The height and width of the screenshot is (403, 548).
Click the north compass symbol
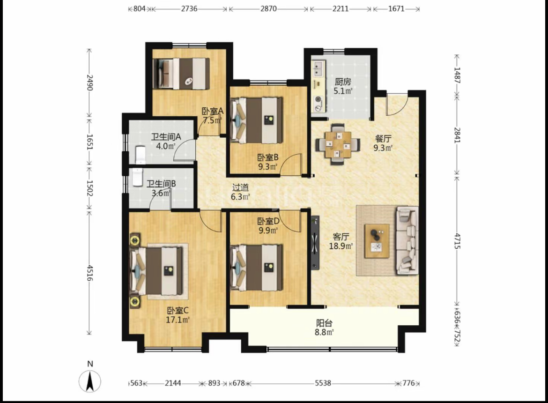click(90, 381)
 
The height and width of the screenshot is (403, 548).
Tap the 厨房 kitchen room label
click(342, 82)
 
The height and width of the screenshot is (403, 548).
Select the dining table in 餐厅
click(338, 144)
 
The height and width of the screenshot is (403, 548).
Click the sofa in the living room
click(407, 240)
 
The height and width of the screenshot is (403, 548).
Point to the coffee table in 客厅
click(377, 241)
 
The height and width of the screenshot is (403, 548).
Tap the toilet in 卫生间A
click(140, 154)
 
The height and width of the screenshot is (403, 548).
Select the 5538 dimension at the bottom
click(323, 383)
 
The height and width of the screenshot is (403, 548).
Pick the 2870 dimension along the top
click(268, 9)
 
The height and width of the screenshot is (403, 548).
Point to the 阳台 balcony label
click(324, 323)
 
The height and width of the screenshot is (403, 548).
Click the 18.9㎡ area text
click(341, 246)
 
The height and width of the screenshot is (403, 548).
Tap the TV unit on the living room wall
click(315, 243)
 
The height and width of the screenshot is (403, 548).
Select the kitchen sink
click(318, 68)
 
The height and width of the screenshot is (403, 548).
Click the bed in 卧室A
click(181, 74)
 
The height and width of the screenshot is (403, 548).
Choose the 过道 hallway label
click(240, 188)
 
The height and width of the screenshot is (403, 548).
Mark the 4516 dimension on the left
click(90, 273)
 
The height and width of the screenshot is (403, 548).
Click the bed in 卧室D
click(257, 268)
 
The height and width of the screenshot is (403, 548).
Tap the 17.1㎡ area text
click(178, 320)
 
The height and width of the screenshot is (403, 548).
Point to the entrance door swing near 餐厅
click(397, 104)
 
